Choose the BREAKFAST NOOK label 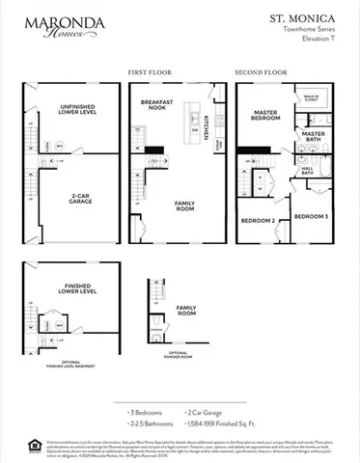click(x=155, y=105)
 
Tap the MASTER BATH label click(x=313, y=137)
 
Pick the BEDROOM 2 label click(x=260, y=221)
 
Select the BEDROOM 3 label click(x=311, y=216)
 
